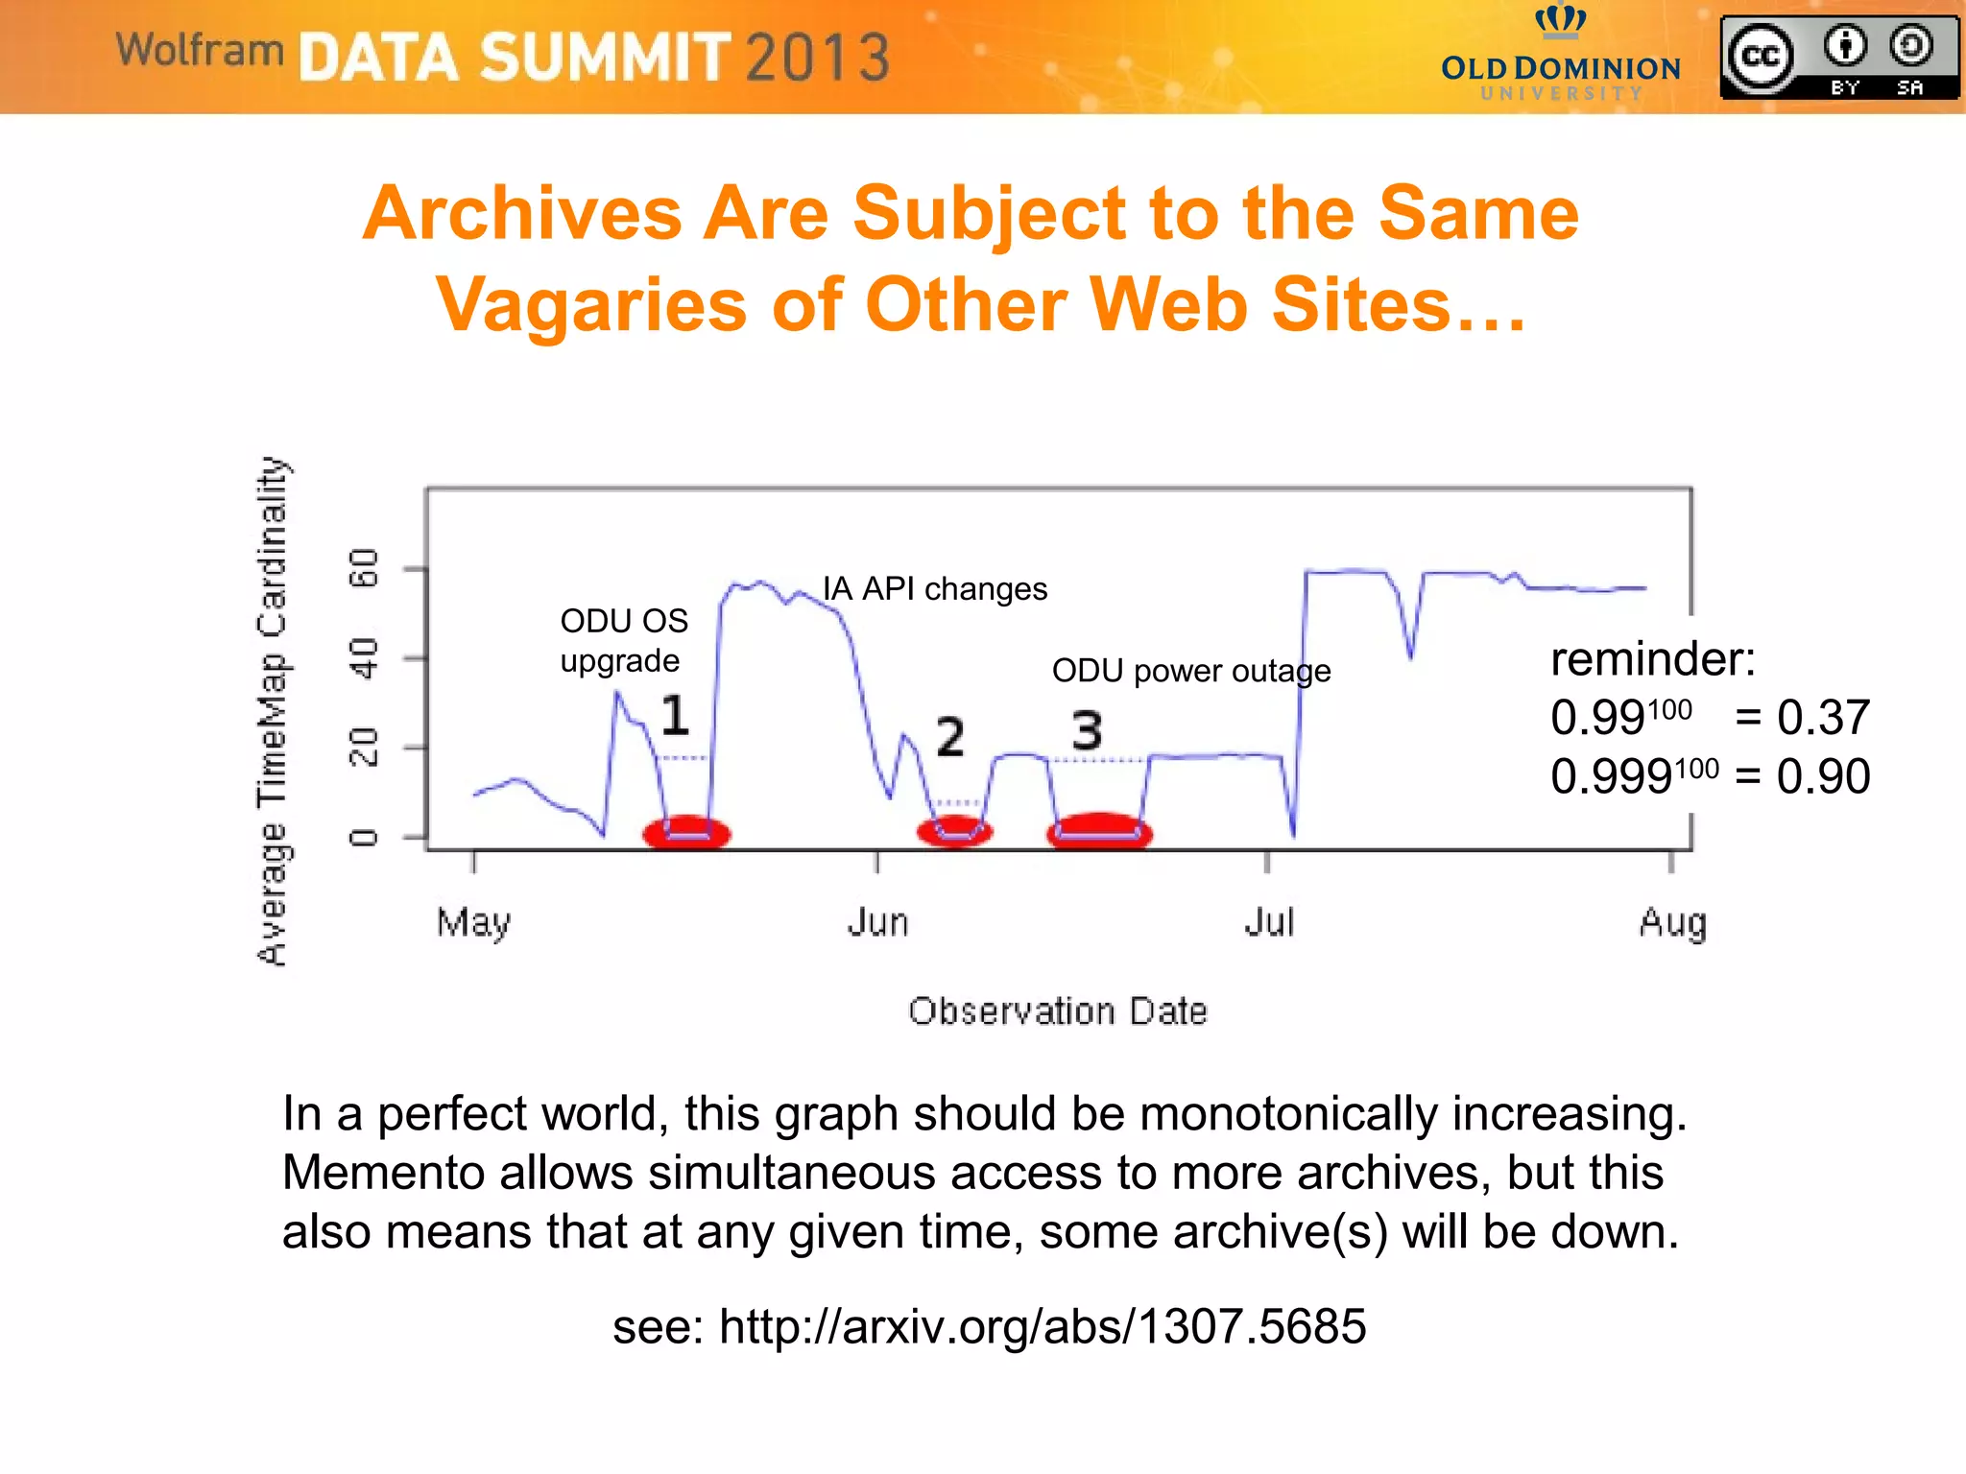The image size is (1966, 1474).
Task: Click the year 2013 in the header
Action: (x=818, y=58)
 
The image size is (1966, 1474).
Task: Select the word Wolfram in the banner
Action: (x=200, y=50)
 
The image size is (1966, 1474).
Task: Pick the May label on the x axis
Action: (x=473, y=923)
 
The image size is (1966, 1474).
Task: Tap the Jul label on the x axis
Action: (x=1269, y=923)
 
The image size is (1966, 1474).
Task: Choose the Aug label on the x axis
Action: (x=1672, y=923)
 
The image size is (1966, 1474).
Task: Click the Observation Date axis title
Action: (x=1057, y=1011)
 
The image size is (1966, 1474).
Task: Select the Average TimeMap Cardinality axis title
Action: (x=272, y=711)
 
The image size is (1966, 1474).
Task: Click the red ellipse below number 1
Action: (x=686, y=833)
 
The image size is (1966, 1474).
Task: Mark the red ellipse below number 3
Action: (x=1099, y=831)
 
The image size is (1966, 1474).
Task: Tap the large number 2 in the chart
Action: (x=949, y=737)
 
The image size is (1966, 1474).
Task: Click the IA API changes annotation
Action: (x=935, y=588)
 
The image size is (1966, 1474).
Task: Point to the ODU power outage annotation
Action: (x=1190, y=671)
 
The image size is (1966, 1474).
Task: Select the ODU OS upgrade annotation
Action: (x=624, y=640)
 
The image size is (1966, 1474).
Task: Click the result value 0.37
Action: (x=1822, y=718)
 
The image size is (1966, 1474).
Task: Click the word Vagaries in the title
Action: (x=591, y=305)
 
